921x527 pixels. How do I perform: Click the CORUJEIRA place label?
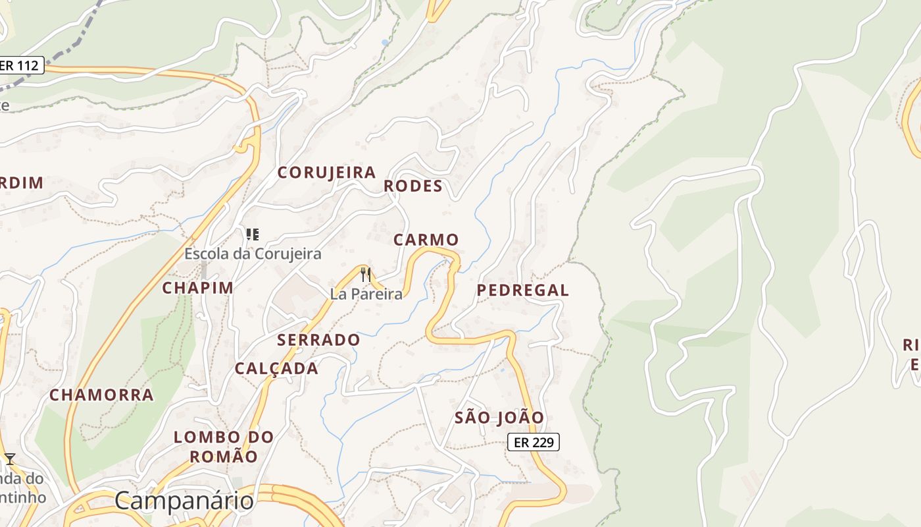(x=326, y=173)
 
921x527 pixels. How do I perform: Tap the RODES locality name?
(x=413, y=186)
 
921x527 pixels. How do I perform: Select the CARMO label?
(x=426, y=240)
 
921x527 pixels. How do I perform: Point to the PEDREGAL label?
(x=522, y=291)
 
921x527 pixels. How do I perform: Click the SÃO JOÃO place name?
(x=499, y=418)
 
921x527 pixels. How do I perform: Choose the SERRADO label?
(x=318, y=341)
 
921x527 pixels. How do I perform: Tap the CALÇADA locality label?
(x=276, y=369)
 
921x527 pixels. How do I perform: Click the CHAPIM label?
(x=197, y=288)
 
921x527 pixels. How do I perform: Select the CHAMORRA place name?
(x=101, y=395)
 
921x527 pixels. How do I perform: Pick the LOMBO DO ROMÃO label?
(x=224, y=446)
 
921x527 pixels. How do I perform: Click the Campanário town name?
(x=184, y=501)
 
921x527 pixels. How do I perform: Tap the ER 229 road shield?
(x=533, y=443)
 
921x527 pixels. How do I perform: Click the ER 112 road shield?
(x=20, y=65)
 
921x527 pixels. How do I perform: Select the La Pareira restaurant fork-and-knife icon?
(x=366, y=275)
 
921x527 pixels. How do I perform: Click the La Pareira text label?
(x=366, y=294)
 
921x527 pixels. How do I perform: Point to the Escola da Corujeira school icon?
(x=253, y=234)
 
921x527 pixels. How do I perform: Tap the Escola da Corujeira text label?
(x=253, y=254)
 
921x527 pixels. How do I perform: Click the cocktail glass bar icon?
(x=10, y=458)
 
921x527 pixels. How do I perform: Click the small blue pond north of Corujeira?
(x=384, y=43)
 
